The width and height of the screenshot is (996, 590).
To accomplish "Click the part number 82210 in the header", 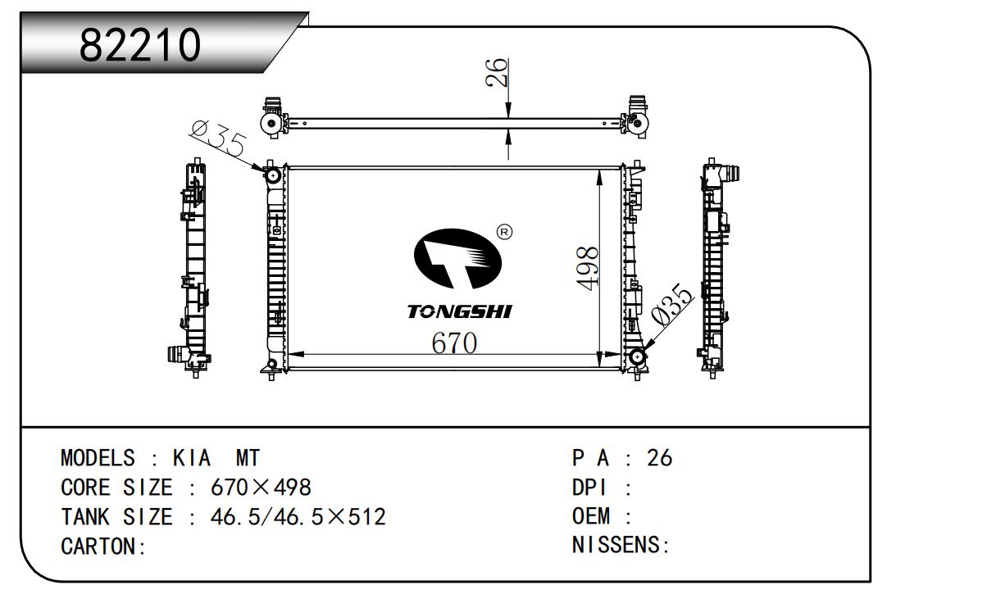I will coord(140,45).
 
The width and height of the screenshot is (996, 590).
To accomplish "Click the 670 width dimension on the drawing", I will coord(454,343).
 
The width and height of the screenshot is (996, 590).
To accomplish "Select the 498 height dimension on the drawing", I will coord(588,268).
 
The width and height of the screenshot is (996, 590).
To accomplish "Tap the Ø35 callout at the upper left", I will coord(217,138).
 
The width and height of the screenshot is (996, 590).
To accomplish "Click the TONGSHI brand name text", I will coord(459,312).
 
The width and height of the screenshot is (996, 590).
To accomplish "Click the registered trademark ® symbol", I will coord(505,233).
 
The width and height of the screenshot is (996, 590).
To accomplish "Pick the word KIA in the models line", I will coord(192,458).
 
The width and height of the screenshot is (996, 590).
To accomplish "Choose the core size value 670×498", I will coord(261,488).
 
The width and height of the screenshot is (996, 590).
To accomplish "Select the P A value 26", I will coord(659,458).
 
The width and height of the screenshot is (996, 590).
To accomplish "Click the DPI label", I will coord(589,488).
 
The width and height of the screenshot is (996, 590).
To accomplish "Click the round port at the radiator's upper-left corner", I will coord(271,175).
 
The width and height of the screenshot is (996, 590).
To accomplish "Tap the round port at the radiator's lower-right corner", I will coord(637,357).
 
